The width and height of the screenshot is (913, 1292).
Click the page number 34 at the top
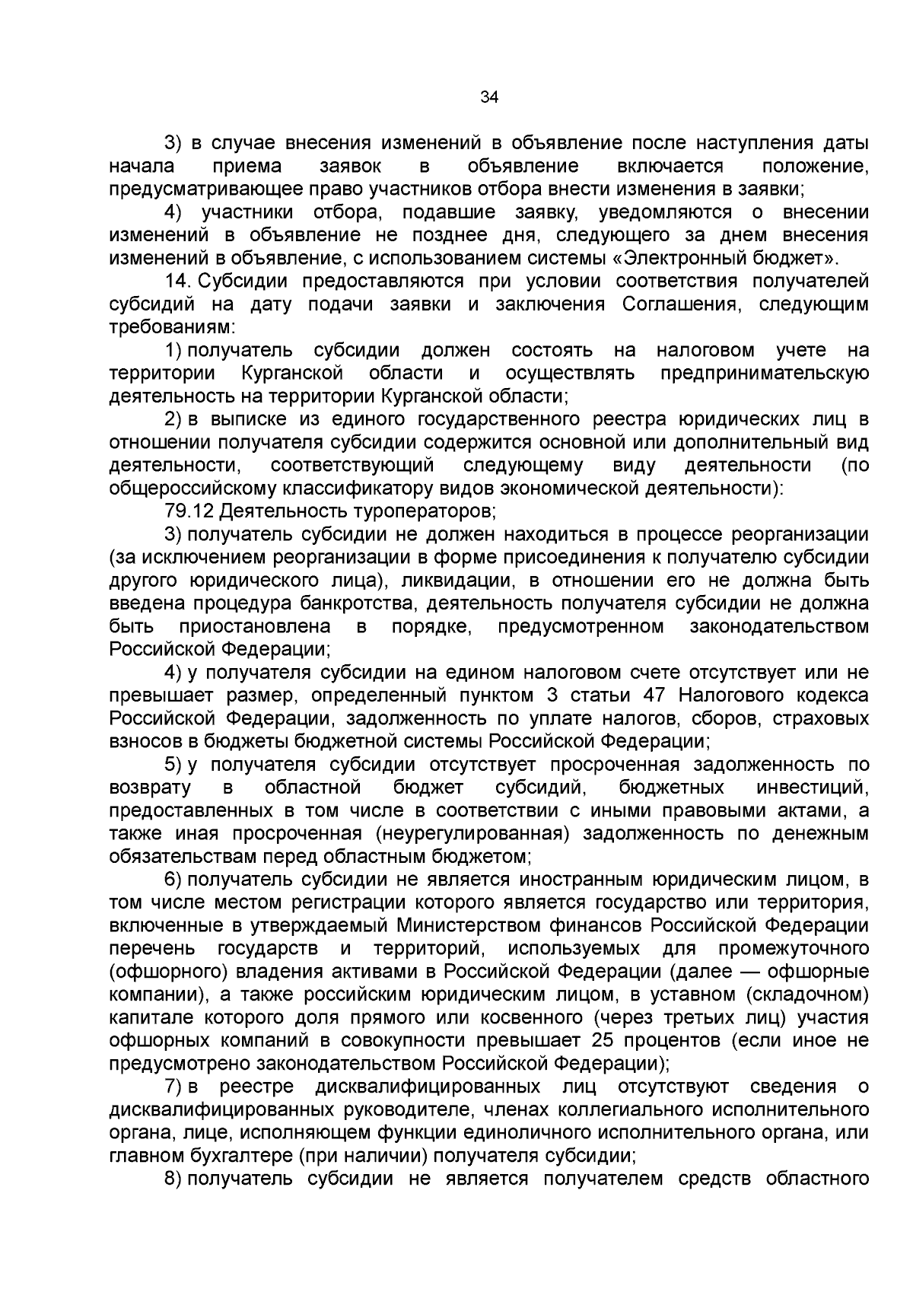point(489,97)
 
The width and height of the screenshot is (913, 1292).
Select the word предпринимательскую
point(764,373)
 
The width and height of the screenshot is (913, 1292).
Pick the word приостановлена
point(255,626)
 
